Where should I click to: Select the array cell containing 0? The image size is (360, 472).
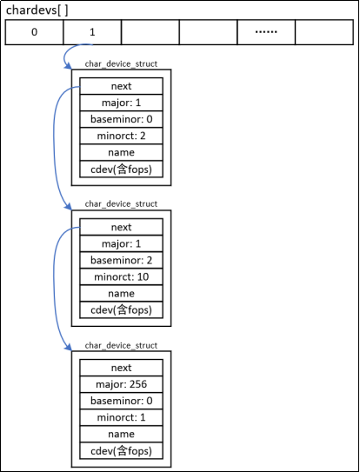click(34, 32)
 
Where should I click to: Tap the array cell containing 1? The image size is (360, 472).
click(92, 32)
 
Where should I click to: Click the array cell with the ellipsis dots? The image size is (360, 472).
click(266, 32)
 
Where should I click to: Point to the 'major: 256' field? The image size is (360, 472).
click(122, 383)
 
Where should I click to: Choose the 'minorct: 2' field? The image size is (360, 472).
click(122, 136)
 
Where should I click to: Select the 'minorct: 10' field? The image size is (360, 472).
click(122, 276)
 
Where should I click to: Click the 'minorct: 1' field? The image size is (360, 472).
click(122, 416)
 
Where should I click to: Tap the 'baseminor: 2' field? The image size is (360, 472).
click(122, 260)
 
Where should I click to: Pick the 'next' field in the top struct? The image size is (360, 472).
click(122, 86)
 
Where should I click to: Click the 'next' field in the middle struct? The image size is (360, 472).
click(122, 227)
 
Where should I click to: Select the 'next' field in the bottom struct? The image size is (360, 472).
click(122, 367)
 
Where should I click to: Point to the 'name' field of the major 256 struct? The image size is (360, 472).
click(122, 433)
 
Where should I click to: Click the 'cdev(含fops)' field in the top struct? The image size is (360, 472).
click(122, 169)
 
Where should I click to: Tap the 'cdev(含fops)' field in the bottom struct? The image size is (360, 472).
click(122, 449)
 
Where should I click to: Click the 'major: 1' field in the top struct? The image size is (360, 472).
click(122, 103)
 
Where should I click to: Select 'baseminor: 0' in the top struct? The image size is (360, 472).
click(122, 119)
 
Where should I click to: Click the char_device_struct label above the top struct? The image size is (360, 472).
click(121, 64)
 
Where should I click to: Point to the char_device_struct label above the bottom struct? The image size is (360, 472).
click(121, 345)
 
